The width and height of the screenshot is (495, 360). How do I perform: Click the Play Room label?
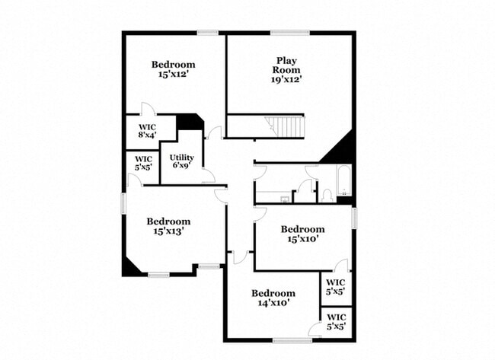286,65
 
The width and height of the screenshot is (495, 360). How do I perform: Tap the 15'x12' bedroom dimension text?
174,75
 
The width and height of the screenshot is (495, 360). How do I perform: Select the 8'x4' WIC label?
147,131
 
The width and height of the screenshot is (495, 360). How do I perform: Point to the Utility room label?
182,157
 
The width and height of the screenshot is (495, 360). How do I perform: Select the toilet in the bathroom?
327,196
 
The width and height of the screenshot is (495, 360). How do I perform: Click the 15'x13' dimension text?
169,231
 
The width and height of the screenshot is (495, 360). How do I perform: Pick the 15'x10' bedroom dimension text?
303,239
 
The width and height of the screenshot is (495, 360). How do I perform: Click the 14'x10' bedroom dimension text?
273,303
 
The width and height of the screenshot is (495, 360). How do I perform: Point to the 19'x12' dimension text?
286,79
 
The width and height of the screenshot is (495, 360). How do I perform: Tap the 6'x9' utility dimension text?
182,165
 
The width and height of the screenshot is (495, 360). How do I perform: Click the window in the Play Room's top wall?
290,33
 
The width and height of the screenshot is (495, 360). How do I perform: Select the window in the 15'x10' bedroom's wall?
354,218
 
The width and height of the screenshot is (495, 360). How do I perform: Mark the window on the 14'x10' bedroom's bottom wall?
292,340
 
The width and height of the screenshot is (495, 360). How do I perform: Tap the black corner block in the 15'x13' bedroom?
130,268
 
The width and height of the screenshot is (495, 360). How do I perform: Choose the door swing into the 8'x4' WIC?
148,109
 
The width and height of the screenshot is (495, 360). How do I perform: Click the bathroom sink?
285,199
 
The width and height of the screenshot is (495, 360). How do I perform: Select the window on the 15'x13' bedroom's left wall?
123,204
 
